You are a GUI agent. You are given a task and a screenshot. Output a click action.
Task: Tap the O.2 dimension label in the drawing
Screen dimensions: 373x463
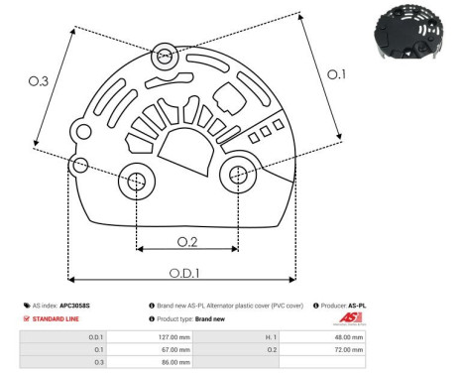(x=187, y=240)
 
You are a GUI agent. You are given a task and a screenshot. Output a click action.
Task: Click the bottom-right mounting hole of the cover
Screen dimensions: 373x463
(x=238, y=175)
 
